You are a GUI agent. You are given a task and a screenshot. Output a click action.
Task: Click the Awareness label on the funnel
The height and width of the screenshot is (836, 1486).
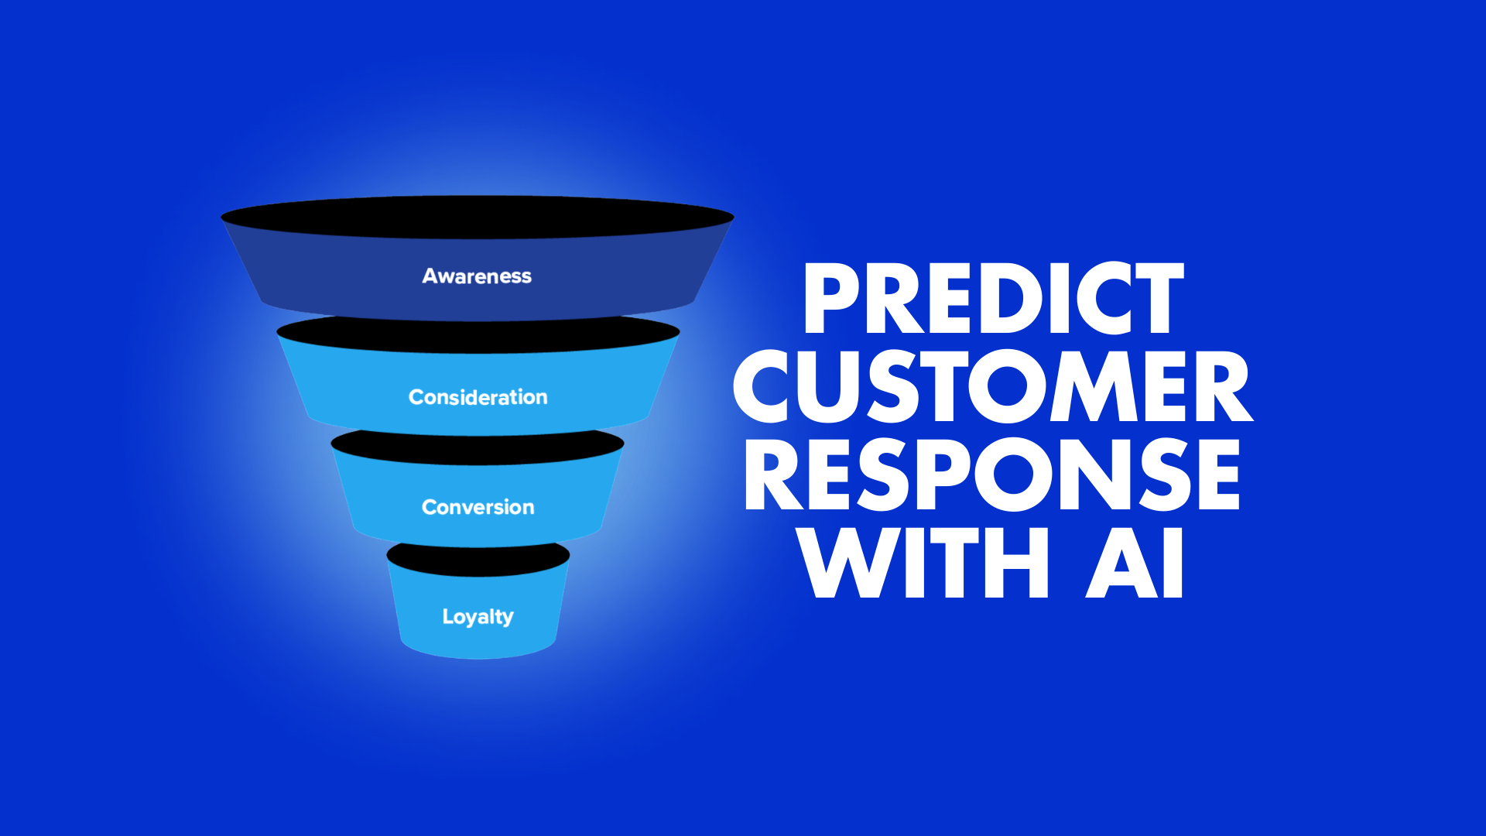pyautogui.click(x=477, y=276)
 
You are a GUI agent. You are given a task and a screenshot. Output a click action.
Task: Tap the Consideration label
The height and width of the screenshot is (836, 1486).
pyautogui.click(x=478, y=397)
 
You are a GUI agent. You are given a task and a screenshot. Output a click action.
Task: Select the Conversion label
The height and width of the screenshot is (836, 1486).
pyautogui.click(x=478, y=507)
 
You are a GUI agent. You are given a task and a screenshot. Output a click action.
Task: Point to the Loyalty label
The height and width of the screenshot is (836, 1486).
pyautogui.click(x=478, y=617)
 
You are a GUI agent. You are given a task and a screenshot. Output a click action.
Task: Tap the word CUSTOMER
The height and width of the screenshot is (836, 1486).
pyautogui.click(x=993, y=386)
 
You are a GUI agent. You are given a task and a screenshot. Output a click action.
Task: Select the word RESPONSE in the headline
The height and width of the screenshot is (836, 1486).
pyautogui.click(x=992, y=475)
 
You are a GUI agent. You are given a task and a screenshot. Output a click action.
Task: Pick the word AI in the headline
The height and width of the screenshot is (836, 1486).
pyautogui.click(x=1135, y=562)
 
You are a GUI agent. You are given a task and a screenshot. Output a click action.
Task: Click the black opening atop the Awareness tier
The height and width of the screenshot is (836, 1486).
pyautogui.click(x=478, y=217)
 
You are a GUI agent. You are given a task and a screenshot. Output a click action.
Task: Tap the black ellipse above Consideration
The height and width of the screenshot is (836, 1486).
pyautogui.click(x=478, y=334)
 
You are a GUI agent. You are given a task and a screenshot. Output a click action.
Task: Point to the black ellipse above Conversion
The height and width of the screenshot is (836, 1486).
pyautogui.click(x=478, y=447)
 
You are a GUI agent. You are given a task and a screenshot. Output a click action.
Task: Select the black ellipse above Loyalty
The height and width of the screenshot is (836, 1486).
pyautogui.click(x=478, y=559)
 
